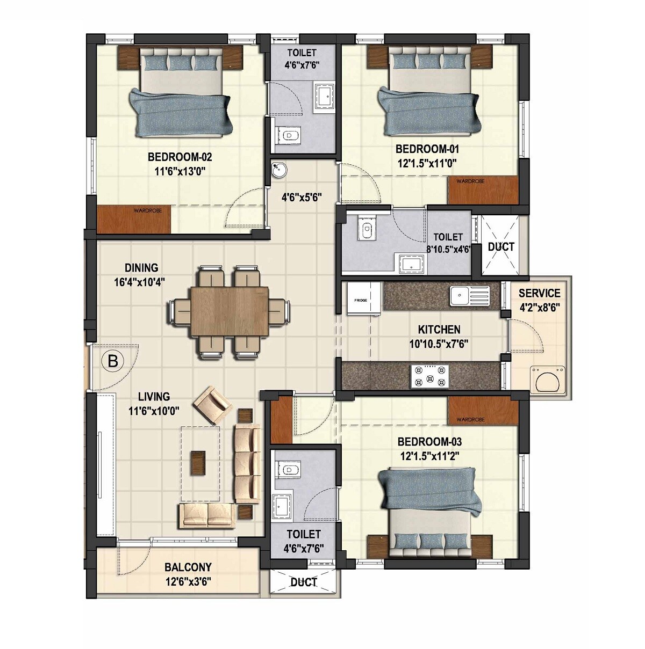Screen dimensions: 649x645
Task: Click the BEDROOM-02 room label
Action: pos(180,157)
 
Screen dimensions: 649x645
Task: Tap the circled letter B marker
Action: pos(113,361)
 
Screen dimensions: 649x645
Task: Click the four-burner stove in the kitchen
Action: pos(428,376)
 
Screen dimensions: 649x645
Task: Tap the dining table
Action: pos(229,311)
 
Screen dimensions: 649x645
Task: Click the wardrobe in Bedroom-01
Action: pos(483,189)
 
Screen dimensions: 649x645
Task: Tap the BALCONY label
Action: pos(188,567)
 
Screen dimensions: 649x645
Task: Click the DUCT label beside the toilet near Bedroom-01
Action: pos(501,247)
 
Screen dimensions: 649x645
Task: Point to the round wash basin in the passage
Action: pos(279,170)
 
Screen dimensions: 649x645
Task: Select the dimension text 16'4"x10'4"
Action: pos(141,281)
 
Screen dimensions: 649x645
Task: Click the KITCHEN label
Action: pos(439,329)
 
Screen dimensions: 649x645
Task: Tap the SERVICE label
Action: pos(539,293)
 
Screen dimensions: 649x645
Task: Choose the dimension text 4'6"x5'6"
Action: pos(302,196)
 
